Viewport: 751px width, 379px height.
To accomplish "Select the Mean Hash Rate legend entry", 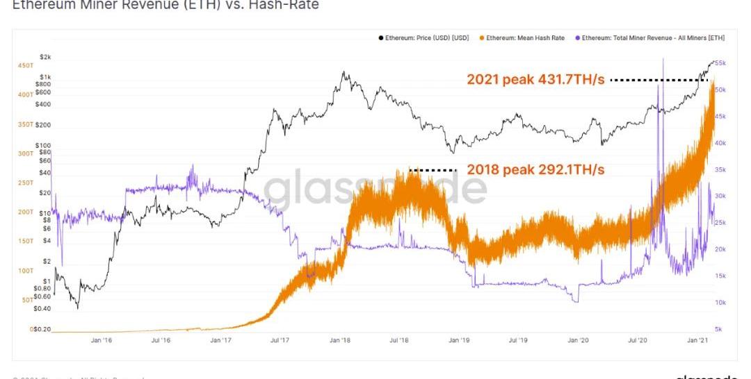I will click(x=526, y=37).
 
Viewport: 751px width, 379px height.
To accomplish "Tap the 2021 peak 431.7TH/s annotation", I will click(x=535, y=80).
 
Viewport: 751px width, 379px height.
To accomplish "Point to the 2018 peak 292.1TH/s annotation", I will click(x=535, y=169).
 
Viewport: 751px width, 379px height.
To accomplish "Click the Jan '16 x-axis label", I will click(x=102, y=340).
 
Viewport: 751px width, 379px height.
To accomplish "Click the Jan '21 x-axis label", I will click(x=698, y=340).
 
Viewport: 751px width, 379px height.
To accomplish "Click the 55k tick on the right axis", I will click(x=721, y=63).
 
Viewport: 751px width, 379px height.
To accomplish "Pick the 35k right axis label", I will click(x=721, y=169).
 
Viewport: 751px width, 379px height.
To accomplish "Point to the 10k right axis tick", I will click(x=721, y=303).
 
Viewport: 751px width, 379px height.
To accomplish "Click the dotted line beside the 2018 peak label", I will click(x=433, y=170).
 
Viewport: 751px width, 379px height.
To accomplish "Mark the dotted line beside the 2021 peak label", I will click(x=658, y=81).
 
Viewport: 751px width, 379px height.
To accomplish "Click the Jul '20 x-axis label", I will click(x=638, y=340).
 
